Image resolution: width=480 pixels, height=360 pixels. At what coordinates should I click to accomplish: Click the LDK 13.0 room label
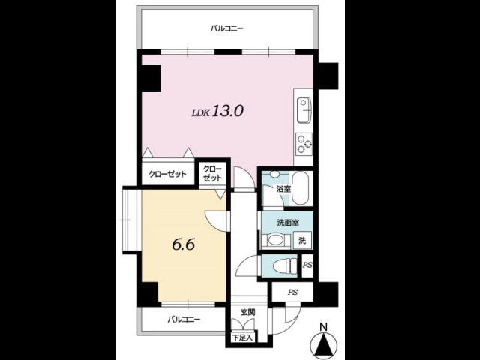pyautogui.click(x=217, y=111)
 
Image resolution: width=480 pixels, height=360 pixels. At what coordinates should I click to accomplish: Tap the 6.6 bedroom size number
pyautogui.click(x=183, y=244)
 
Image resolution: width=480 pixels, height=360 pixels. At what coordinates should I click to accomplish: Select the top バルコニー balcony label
pyautogui.click(x=226, y=29)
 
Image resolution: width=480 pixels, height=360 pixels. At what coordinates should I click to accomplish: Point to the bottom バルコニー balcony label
pyautogui.click(x=184, y=319)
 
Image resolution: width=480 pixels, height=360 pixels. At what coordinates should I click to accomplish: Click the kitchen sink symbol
pyautogui.click(x=304, y=110)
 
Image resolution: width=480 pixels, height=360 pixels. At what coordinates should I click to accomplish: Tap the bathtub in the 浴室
pyautogui.click(x=300, y=188)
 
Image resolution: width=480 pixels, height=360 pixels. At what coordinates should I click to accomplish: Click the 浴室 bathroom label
pyautogui.click(x=283, y=189)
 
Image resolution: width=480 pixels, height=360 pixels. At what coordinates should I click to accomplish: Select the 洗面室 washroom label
pyautogui.click(x=288, y=223)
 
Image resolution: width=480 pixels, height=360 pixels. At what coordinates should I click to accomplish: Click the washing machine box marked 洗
pyautogui.click(x=302, y=240)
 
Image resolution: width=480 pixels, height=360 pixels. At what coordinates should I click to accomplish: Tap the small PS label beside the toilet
pyautogui.click(x=307, y=265)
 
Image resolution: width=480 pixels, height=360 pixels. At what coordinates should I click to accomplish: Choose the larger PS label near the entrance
pyautogui.click(x=292, y=292)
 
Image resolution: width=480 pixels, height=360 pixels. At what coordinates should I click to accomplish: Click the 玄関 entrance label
pyautogui.click(x=247, y=313)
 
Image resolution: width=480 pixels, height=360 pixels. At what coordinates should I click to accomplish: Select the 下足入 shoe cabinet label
pyautogui.click(x=243, y=338)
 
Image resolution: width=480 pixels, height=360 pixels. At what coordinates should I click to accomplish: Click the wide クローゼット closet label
pyautogui.click(x=167, y=175)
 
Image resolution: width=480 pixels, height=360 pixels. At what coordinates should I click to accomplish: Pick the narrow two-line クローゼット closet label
pyautogui.click(x=212, y=173)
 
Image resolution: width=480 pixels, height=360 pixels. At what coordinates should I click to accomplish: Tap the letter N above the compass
pyautogui.click(x=323, y=327)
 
